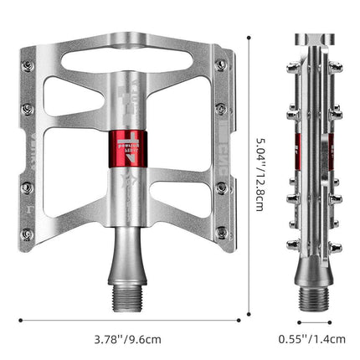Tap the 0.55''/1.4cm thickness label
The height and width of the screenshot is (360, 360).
pos(312,339)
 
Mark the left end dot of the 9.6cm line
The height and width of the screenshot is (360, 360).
pos(21,319)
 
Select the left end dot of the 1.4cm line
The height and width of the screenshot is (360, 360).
pos(298,319)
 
